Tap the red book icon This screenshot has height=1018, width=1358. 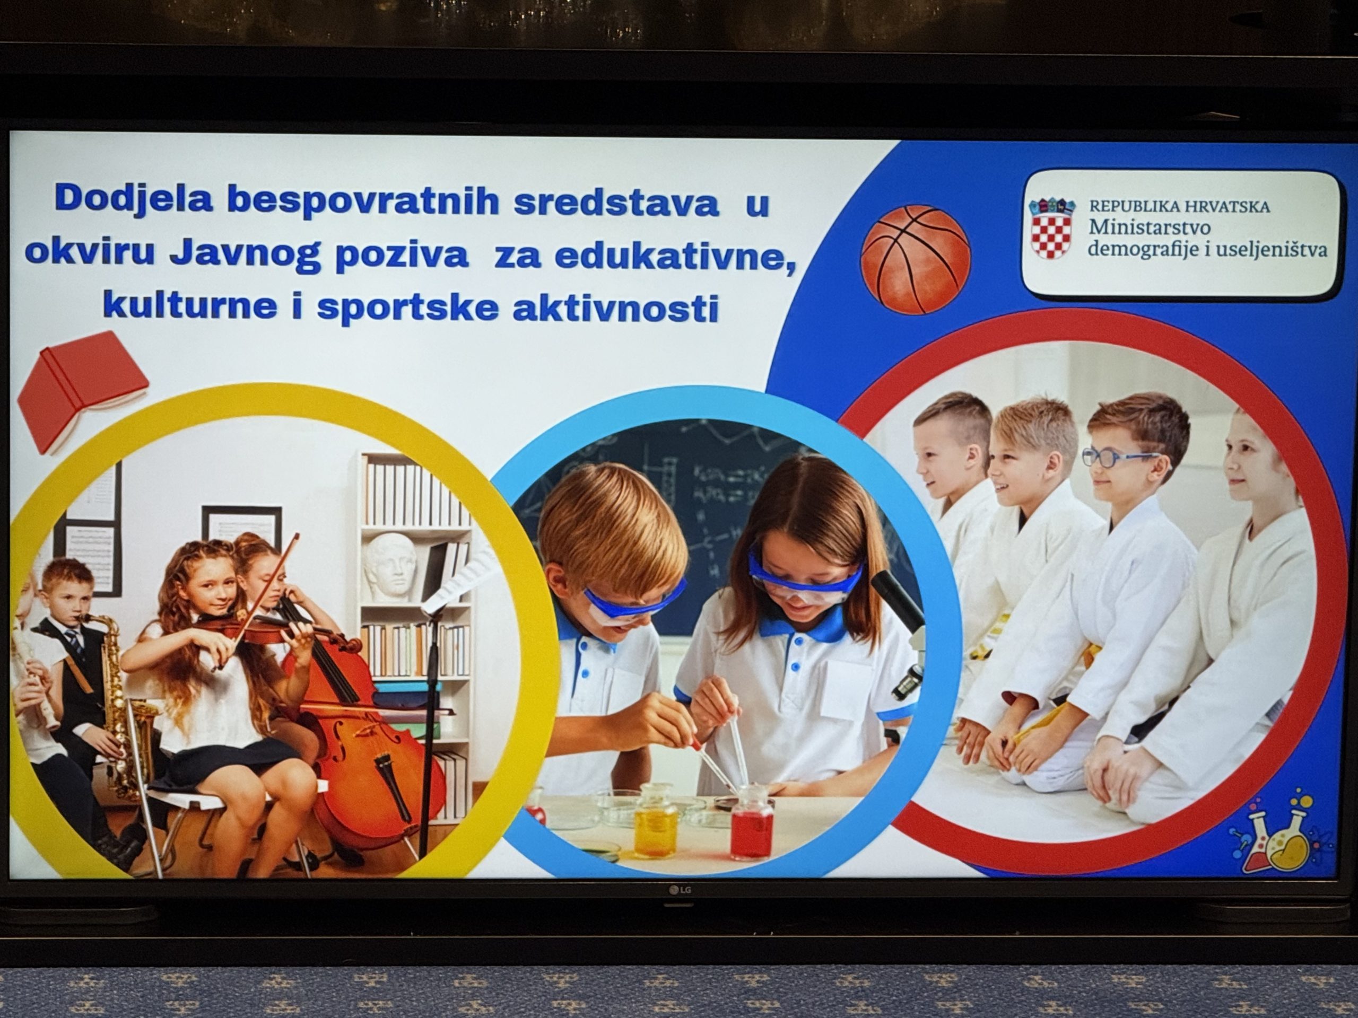(82, 391)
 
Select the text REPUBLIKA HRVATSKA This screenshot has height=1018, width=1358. (1179, 207)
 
